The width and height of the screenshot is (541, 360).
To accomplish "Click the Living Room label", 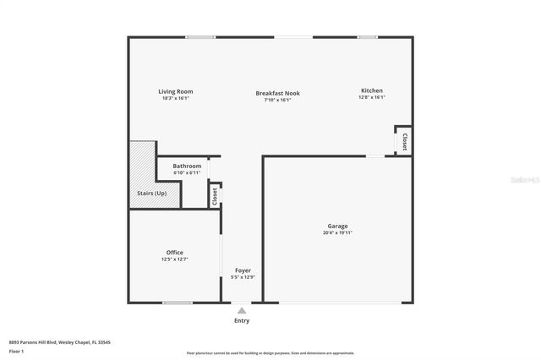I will point(176,91).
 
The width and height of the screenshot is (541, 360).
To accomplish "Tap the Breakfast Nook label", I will point(277,93).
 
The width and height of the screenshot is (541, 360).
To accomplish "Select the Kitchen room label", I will point(372,90).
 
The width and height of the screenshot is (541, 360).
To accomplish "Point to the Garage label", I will point(337,226).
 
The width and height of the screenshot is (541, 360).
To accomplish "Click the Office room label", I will point(174,253).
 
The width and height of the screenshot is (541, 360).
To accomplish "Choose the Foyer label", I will point(242,270).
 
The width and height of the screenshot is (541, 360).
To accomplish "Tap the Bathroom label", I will point(187,166).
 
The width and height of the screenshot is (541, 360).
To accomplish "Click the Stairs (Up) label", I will point(152,193).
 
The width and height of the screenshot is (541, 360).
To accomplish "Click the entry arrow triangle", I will point(242,311).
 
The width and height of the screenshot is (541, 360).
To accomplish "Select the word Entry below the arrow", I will point(242,321).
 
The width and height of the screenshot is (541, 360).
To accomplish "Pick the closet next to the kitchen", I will point(404,141).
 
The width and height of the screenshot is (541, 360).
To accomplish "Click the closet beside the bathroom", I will point(215,195).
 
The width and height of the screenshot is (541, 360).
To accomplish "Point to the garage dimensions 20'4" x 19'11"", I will point(337,232).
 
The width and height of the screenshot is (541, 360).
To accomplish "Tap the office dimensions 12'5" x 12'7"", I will point(174,259).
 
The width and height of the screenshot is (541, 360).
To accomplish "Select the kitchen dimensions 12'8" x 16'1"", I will point(372,97).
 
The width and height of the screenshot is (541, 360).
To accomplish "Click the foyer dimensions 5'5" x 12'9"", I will point(242,277).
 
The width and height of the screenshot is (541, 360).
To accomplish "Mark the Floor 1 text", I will point(15,350).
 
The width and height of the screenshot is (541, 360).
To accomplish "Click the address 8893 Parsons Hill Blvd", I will point(60,342).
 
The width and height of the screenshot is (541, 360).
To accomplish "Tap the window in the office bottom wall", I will point(177,303).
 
